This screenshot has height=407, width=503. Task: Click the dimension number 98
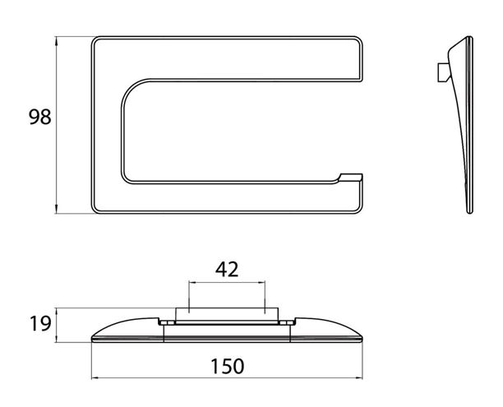pyautogui.click(x=40, y=117)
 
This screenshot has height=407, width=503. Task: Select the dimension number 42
pyautogui.click(x=227, y=270)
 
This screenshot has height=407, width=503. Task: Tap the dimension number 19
pyautogui.click(x=40, y=323)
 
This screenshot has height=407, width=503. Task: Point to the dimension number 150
pyautogui.click(x=227, y=366)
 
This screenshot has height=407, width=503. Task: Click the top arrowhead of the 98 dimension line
pyautogui.click(x=56, y=41)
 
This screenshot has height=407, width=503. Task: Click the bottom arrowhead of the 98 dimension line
pyautogui.click(x=56, y=209)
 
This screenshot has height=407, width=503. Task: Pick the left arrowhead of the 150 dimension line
pyautogui.click(x=95, y=378)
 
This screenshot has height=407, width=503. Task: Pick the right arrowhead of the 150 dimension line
pyautogui.click(x=358, y=378)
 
